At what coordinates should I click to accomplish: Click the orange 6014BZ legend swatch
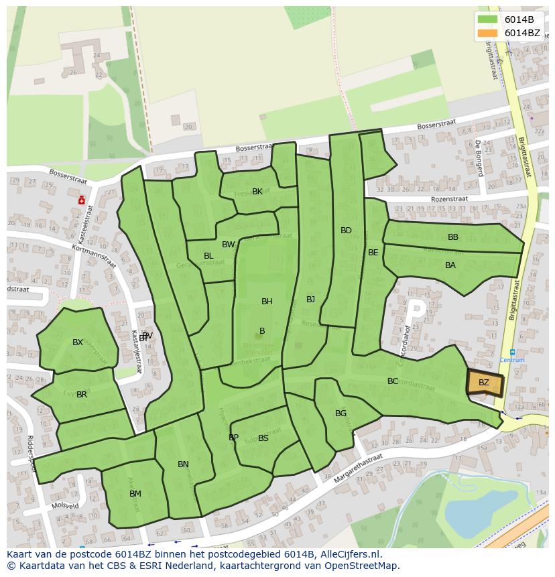pos(487,33)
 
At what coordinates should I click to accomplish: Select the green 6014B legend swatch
pos(487,19)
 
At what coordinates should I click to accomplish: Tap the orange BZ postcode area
pos(483,382)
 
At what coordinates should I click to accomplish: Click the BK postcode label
pos(257,192)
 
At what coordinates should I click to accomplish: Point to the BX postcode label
pos(78,342)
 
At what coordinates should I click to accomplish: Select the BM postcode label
pos(135,494)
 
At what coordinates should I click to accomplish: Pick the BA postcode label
pos(450,265)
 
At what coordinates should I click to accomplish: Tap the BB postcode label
pos(453,237)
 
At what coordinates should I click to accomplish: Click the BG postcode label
pos(341,413)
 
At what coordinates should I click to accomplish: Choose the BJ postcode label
pos(310,300)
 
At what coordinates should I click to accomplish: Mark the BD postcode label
pos(346,231)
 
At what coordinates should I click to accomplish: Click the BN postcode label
pos(183,464)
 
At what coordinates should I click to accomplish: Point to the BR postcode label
pos(82,395)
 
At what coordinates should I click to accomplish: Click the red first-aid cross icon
pos(82,199)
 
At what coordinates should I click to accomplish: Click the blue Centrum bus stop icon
pos(512,352)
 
